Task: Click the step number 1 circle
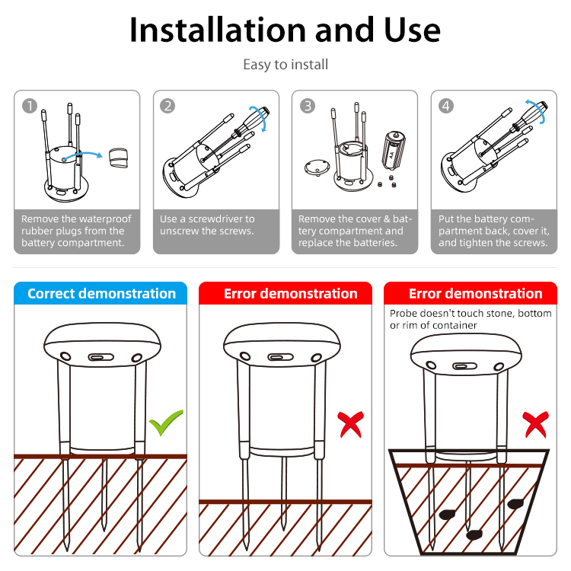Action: (x=30, y=106)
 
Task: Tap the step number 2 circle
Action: (x=167, y=106)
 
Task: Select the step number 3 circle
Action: (x=308, y=106)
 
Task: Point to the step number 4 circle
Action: (x=446, y=106)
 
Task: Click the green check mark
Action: (x=166, y=423)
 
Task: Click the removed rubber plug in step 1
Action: (x=118, y=158)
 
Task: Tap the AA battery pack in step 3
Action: (x=394, y=150)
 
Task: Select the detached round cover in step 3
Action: (x=317, y=167)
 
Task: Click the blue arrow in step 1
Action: (x=82, y=155)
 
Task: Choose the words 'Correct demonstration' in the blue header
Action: (x=101, y=294)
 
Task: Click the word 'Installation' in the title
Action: (x=218, y=30)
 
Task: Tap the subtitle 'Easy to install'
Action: (x=285, y=65)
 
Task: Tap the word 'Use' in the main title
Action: (x=412, y=30)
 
